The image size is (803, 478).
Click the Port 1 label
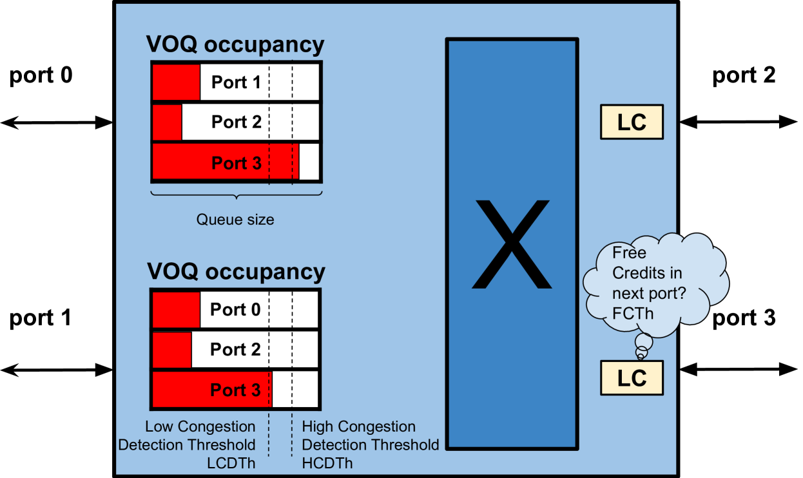pyautogui.click(x=236, y=82)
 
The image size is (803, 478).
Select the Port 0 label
pyautogui.click(x=235, y=310)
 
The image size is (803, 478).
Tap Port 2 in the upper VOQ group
pyautogui.click(x=236, y=122)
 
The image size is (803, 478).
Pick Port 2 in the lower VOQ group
pyautogui.click(x=235, y=350)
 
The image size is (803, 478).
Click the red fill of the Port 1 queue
pyautogui.click(x=176, y=82)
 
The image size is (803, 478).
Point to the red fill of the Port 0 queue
pyautogui.click(x=176, y=310)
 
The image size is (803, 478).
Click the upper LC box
pyautogui.click(x=631, y=122)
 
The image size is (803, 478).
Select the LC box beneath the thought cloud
pyautogui.click(x=631, y=378)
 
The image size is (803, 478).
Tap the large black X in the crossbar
pyautogui.click(x=512, y=244)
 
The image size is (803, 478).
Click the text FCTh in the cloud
pyautogui.click(x=632, y=314)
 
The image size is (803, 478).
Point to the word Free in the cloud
pyautogui.click(x=629, y=253)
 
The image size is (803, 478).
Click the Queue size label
pyautogui.click(x=235, y=220)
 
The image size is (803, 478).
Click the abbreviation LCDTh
pyautogui.click(x=231, y=463)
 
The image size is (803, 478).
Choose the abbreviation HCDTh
pyautogui.click(x=327, y=463)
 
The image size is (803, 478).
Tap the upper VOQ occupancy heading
pyautogui.click(x=235, y=44)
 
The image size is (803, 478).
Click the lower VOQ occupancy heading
pyautogui.click(x=236, y=272)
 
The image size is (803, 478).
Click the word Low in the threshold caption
pyautogui.click(x=159, y=426)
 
